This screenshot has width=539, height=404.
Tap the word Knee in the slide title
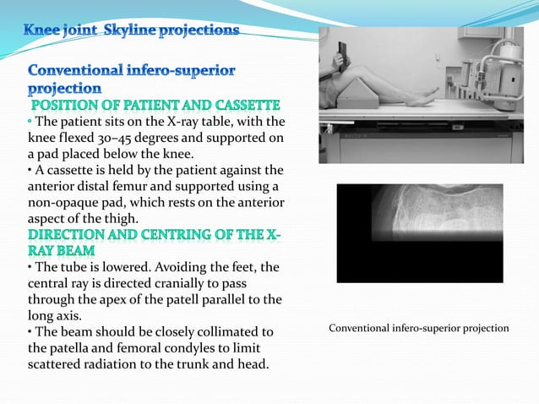(x=41, y=31)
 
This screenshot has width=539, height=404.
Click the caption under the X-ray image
(x=419, y=328)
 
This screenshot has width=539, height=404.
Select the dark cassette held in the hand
(x=342, y=53)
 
